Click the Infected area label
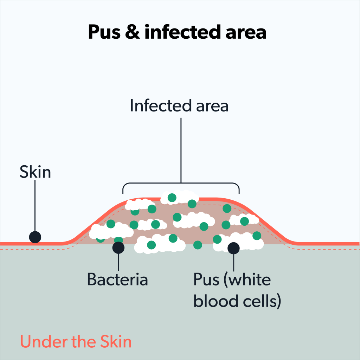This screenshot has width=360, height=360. pos(179,105)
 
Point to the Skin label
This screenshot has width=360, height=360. pos(35,173)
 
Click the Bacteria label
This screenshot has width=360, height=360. pos(117,280)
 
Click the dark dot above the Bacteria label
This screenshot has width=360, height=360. pos(118,247)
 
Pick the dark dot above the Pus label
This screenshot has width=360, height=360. pos(234,248)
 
